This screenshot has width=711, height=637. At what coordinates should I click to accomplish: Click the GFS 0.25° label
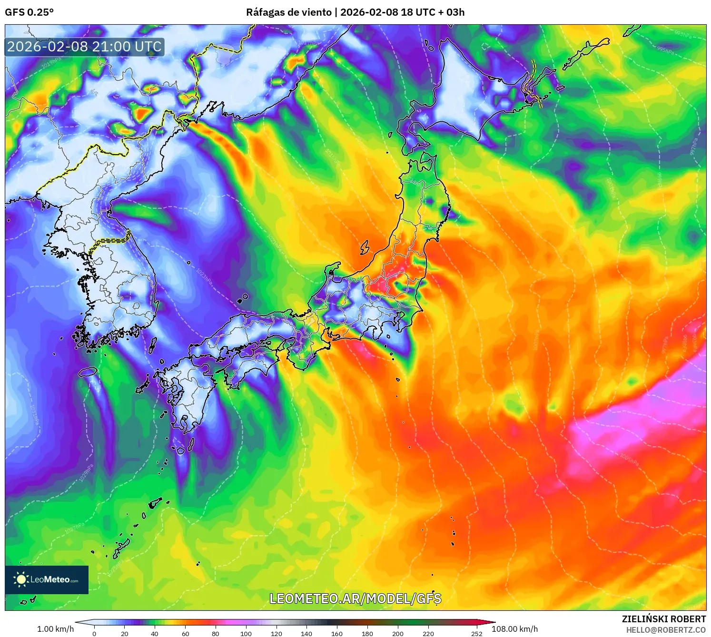(x=29, y=12)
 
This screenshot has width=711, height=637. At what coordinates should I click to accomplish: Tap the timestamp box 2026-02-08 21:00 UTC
(x=84, y=47)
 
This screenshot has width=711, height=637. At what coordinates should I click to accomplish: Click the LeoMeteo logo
(x=47, y=579)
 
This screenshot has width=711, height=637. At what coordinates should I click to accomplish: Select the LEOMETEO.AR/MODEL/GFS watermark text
(x=355, y=598)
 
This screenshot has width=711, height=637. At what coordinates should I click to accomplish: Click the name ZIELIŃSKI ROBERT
(x=663, y=619)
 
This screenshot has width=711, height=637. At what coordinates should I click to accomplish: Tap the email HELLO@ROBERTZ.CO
(x=665, y=630)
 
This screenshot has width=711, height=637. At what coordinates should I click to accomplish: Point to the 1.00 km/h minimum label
(x=55, y=629)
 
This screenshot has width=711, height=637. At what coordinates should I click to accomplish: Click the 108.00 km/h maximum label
(x=514, y=629)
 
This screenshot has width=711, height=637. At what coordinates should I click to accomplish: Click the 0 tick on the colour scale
(x=94, y=633)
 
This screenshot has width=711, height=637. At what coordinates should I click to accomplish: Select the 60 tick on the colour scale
(x=185, y=633)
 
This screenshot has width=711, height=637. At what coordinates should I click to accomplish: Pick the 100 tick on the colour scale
(x=246, y=633)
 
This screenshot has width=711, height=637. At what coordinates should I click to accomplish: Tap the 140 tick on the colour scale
(x=306, y=633)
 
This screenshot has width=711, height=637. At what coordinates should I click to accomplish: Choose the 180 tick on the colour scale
(x=367, y=633)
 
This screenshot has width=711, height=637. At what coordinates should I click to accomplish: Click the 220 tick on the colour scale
(x=428, y=633)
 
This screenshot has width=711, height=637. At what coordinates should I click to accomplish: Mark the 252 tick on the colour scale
(x=476, y=633)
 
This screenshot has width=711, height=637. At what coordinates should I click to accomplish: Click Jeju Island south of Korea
(x=88, y=372)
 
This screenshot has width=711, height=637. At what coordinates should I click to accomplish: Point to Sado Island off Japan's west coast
(x=365, y=247)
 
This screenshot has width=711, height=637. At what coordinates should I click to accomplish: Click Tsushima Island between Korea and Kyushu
(x=153, y=345)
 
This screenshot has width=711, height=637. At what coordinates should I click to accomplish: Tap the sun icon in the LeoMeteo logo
(x=21, y=579)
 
